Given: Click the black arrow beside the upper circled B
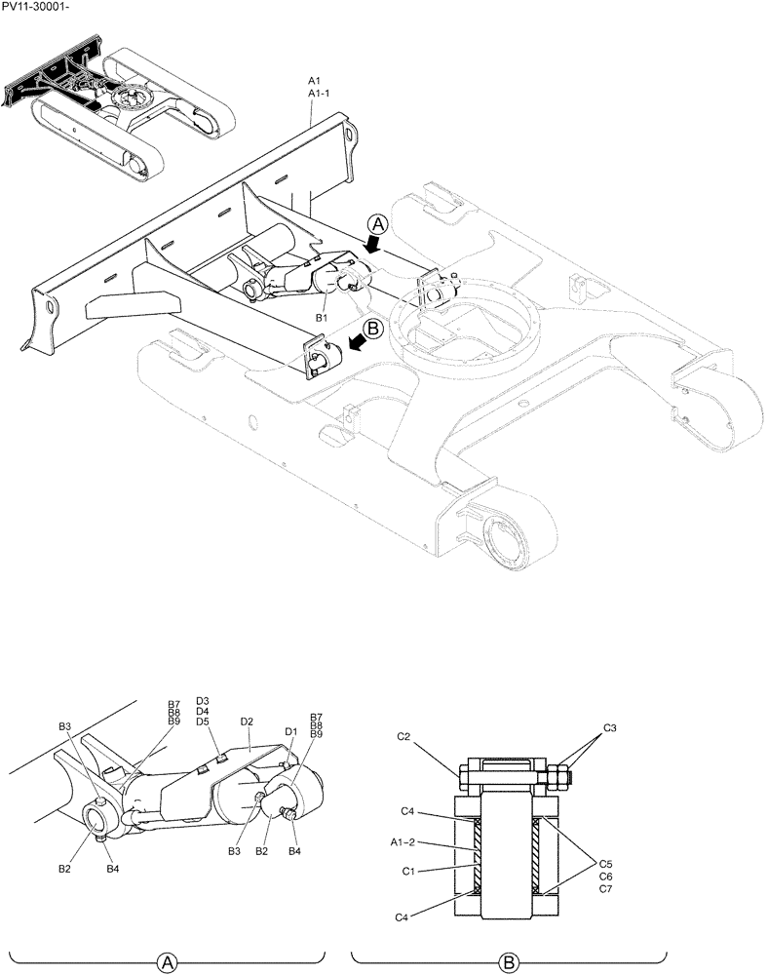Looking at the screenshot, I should (359, 342).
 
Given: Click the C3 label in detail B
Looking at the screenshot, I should (609, 728).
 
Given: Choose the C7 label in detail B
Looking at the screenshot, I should (605, 890).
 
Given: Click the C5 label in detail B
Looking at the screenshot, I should (605, 863).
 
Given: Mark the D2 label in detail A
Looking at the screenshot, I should (247, 721).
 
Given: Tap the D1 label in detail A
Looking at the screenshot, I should (290, 731).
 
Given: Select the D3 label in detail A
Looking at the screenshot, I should (203, 700).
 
